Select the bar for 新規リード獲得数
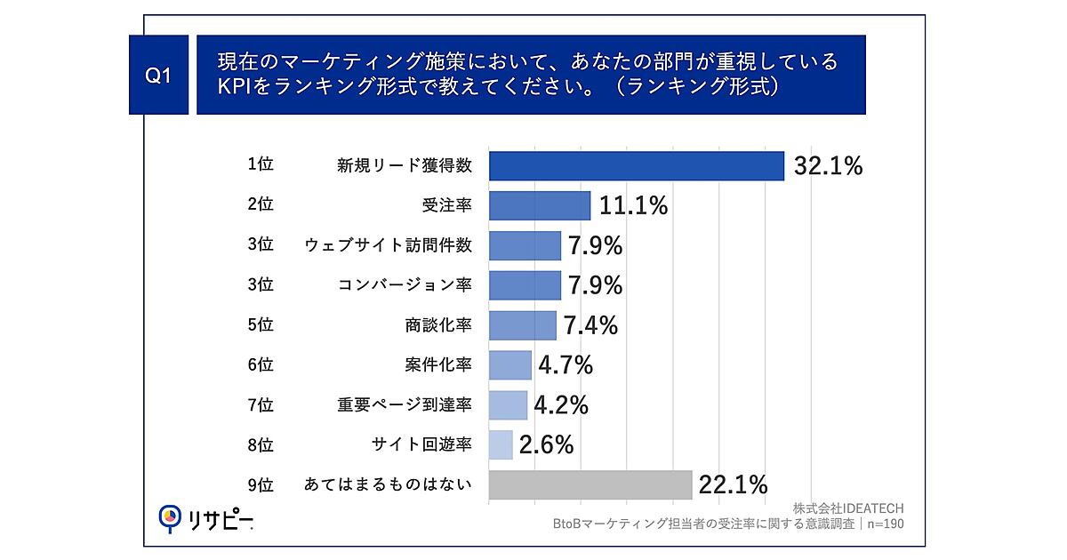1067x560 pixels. (x=637, y=166)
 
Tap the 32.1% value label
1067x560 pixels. (x=828, y=166)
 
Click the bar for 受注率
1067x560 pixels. (x=540, y=206)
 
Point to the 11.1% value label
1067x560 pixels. (x=633, y=206)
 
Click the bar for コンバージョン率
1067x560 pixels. (x=525, y=285)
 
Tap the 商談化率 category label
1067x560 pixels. (x=437, y=325)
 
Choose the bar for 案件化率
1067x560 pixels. (x=510, y=365)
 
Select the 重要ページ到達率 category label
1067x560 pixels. (x=405, y=405)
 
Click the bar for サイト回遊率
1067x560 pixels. (x=501, y=444)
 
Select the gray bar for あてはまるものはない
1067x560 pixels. (x=590, y=484)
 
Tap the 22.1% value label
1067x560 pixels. (x=734, y=484)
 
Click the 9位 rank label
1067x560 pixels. (x=260, y=484)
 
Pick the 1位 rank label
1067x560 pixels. (x=260, y=165)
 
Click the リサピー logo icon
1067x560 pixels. (x=169, y=518)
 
